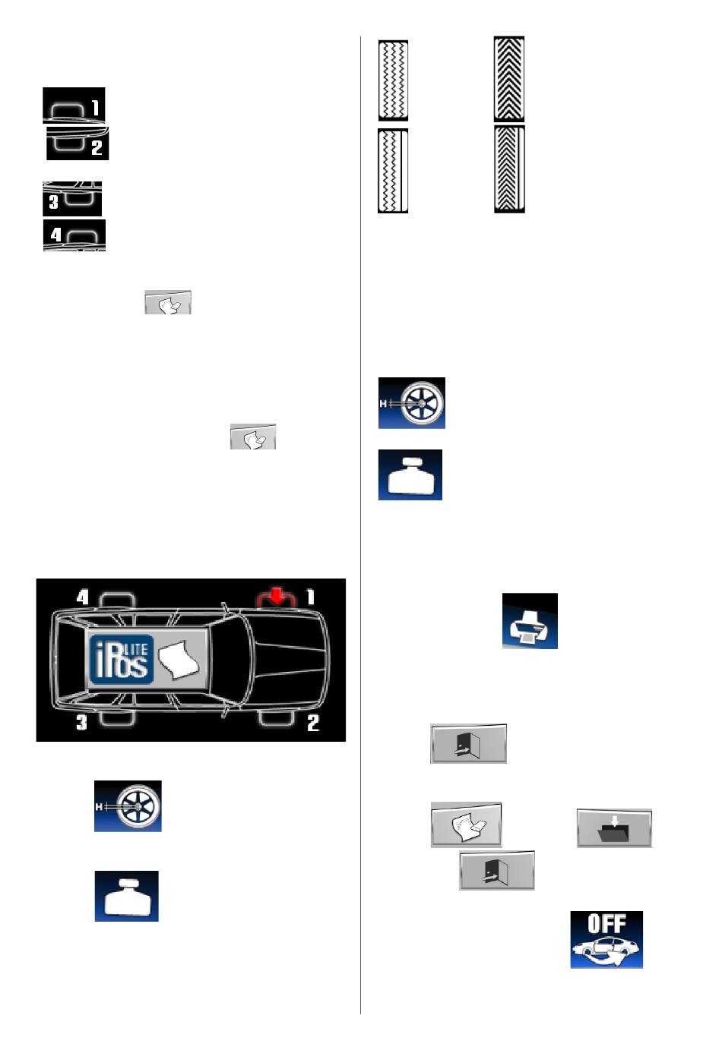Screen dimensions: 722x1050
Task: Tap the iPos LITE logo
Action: (121, 658)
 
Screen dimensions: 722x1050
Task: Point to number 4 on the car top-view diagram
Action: (82, 597)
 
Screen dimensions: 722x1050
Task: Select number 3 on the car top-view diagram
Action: (81, 722)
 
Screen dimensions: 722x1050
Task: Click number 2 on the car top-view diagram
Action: (312, 723)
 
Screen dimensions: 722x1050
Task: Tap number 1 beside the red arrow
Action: (310, 597)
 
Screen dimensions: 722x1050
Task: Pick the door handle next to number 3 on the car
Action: (117, 717)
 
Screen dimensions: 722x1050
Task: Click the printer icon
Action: (530, 621)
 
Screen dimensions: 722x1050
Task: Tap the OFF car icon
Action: (606, 939)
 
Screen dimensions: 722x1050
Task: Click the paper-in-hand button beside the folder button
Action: (466, 825)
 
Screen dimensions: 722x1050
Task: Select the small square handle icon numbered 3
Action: (71, 199)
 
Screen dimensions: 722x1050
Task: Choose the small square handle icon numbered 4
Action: (74, 235)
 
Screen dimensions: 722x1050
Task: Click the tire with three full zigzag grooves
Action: (393, 80)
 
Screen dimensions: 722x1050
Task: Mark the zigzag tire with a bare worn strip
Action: (393, 171)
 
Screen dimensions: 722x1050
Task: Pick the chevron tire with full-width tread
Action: (508, 79)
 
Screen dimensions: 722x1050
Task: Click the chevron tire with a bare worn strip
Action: (509, 169)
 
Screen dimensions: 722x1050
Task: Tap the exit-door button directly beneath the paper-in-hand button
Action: (497, 870)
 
